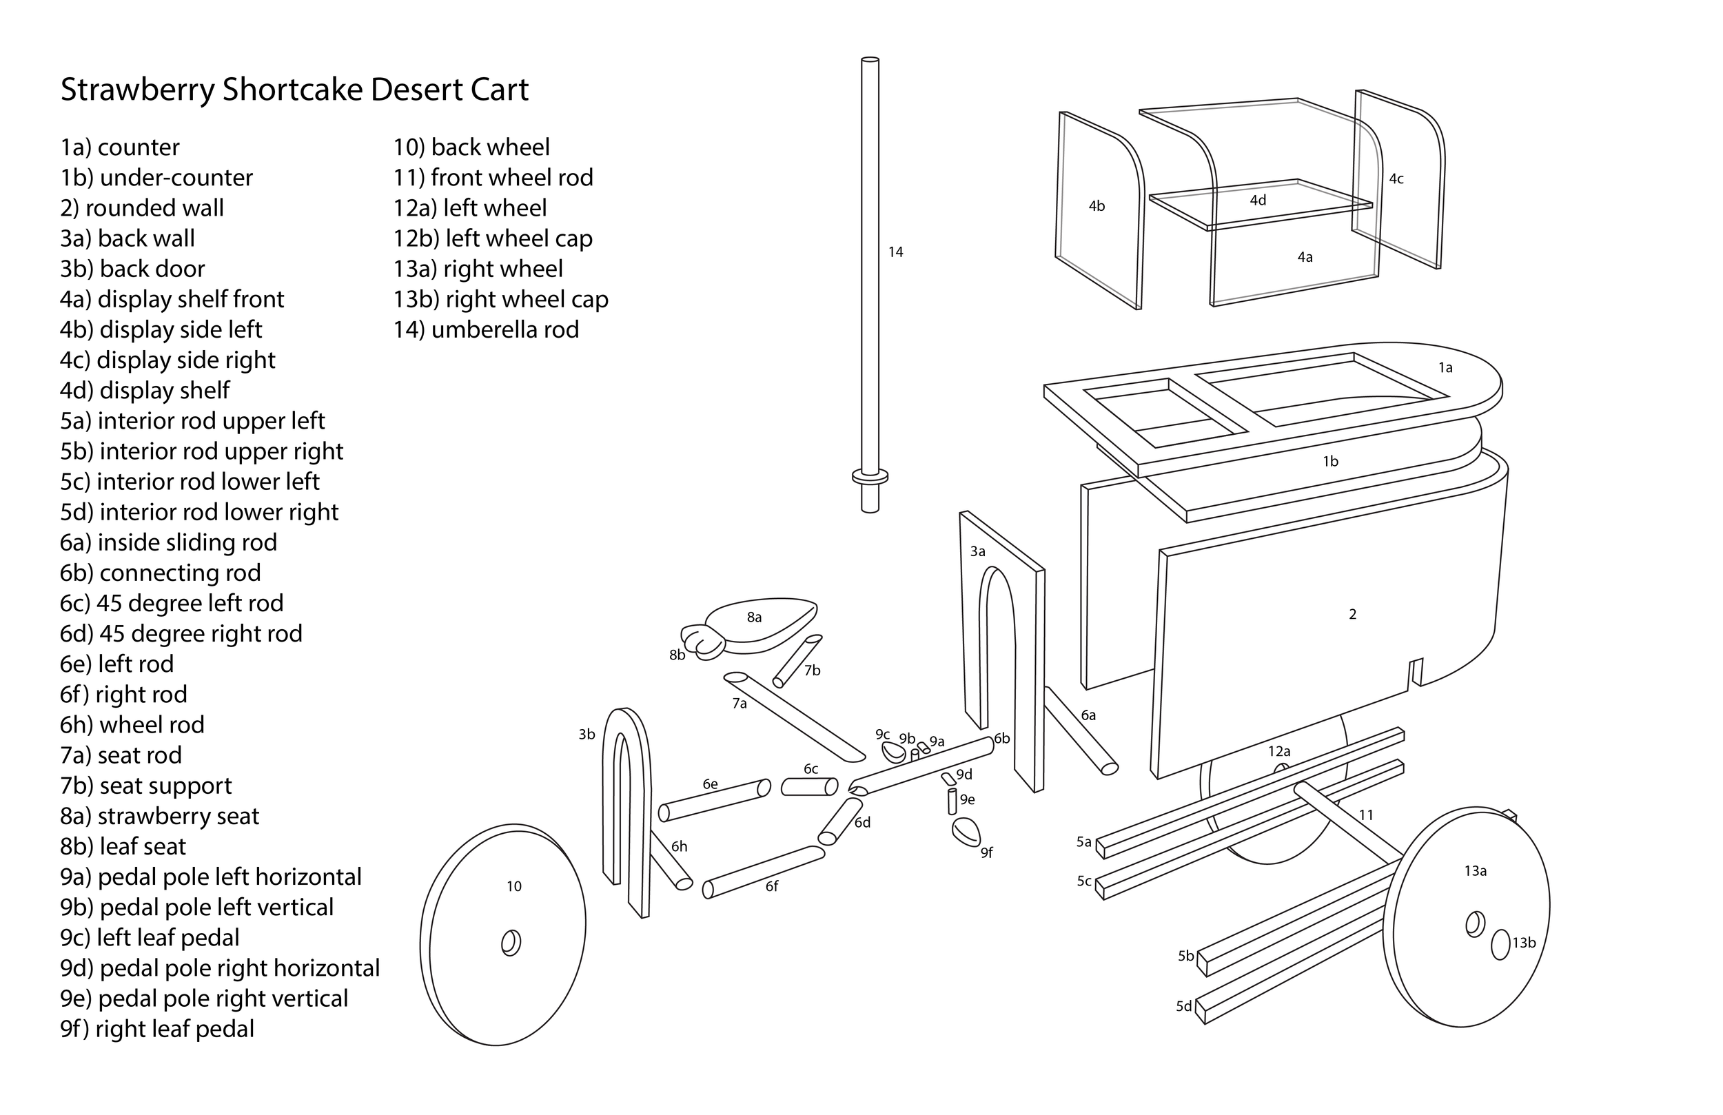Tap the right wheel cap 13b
(x=1501, y=944)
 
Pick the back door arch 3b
(x=637, y=804)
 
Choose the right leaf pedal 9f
(x=966, y=830)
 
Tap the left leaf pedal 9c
(x=893, y=752)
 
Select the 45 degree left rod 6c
(x=809, y=786)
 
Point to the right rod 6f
(x=764, y=872)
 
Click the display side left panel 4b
(x=1097, y=210)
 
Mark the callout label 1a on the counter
(x=1445, y=368)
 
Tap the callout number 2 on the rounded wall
(x=1352, y=614)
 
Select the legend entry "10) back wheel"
(x=471, y=147)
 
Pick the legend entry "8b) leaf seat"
(x=123, y=846)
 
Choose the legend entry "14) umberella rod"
(x=486, y=329)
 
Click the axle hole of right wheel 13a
(x=1475, y=925)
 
